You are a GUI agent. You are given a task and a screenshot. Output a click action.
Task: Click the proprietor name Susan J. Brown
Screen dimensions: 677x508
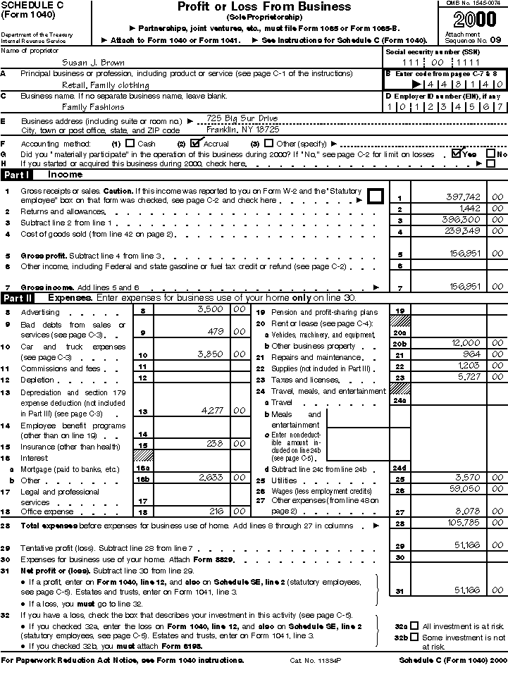tap(93, 62)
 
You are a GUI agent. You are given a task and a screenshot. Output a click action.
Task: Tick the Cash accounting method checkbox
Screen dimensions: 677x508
tap(129, 143)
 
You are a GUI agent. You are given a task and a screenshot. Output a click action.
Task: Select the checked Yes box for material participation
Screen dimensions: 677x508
tap(457, 153)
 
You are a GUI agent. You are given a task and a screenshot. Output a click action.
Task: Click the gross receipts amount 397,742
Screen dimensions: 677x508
tap(464, 197)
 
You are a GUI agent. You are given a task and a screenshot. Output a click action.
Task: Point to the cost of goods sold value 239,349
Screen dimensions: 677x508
tap(464, 231)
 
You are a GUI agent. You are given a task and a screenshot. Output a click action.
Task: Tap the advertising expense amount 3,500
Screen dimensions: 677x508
tap(209, 309)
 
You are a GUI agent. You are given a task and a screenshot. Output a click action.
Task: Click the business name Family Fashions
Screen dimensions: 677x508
tap(94, 107)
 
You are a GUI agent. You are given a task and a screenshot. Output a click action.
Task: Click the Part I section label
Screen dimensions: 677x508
tap(16, 174)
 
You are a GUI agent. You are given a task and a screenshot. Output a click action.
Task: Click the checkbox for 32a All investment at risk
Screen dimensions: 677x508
tap(414, 625)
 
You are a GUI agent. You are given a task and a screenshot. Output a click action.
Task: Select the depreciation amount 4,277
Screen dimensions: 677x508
tap(211, 409)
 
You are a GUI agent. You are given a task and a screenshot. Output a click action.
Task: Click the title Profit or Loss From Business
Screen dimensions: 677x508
tap(264, 7)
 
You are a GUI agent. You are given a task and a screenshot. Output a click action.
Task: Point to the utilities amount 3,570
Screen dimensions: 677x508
tap(466, 477)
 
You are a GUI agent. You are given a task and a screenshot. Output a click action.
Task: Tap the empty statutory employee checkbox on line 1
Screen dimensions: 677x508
tap(376, 196)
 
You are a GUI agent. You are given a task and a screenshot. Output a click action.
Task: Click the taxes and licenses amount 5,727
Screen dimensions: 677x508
tap(467, 378)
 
